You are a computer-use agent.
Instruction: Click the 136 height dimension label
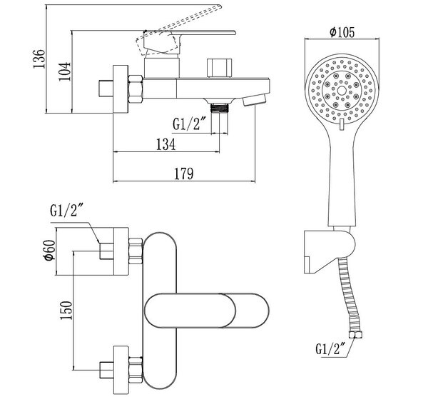coord(39,59)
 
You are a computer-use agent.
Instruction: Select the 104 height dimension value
coord(64,71)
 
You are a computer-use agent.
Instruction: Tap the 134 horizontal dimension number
coord(166,144)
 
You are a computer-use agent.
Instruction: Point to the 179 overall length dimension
coord(184,174)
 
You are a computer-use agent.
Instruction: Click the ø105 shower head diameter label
coord(342,32)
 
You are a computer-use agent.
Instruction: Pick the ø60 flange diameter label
coord(50,250)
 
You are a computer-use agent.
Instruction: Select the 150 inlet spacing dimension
coord(66,311)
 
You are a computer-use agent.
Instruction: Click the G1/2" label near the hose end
coord(331,349)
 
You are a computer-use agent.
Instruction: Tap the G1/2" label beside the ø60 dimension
coord(66,210)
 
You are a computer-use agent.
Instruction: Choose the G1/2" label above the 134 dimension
coord(189,124)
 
